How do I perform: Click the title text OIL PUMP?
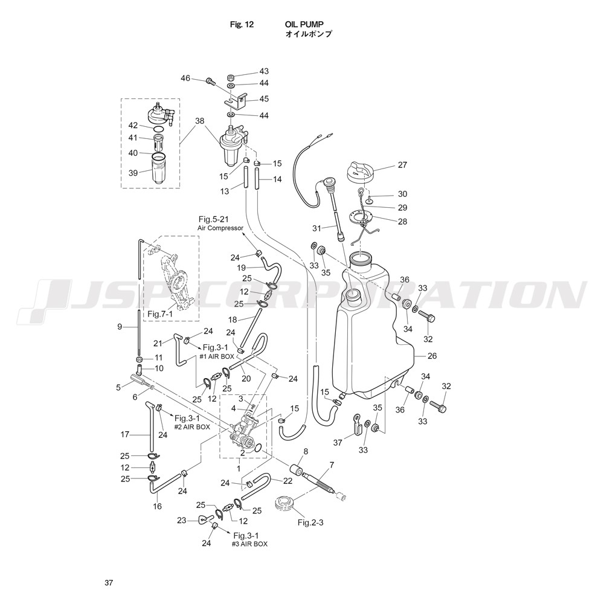coord(304,25)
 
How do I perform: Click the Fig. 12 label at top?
coord(242,25)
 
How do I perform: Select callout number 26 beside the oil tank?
coord(432,356)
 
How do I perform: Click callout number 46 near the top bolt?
coord(185,79)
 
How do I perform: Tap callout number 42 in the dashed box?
coord(133,126)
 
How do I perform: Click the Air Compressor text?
coord(220,228)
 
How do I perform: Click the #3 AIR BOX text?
coord(249,544)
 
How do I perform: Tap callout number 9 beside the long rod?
coord(120,327)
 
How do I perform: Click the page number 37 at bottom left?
coord(109,583)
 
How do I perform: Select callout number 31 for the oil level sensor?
coord(316,228)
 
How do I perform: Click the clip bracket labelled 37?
coord(358,425)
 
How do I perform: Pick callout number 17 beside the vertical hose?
coord(124,435)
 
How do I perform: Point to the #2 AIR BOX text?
coord(193,427)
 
